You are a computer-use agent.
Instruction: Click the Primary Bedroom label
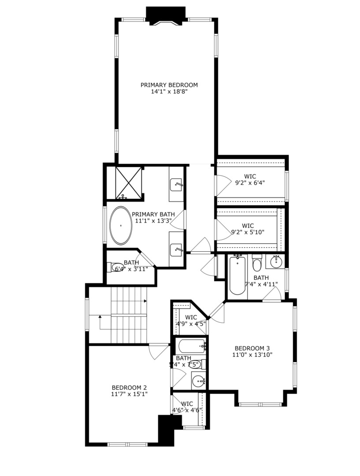click(x=169, y=85)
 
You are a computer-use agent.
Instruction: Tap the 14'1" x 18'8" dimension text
click(x=169, y=92)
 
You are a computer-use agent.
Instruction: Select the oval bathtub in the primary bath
click(x=120, y=225)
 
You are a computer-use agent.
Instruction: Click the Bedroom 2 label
click(x=129, y=387)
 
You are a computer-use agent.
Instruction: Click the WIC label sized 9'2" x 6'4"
click(x=250, y=176)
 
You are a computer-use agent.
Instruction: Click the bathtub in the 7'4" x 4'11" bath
click(x=237, y=275)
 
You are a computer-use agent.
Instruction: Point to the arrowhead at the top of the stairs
click(x=145, y=301)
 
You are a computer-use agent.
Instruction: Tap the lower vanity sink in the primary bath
click(x=177, y=250)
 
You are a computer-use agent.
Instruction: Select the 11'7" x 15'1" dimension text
click(x=129, y=394)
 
